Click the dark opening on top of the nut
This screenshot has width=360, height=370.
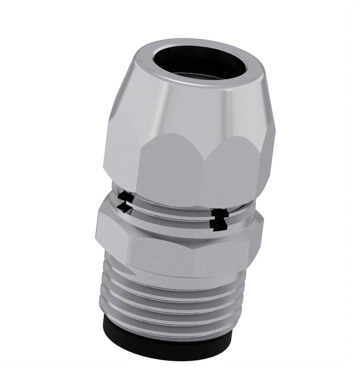[200, 62]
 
